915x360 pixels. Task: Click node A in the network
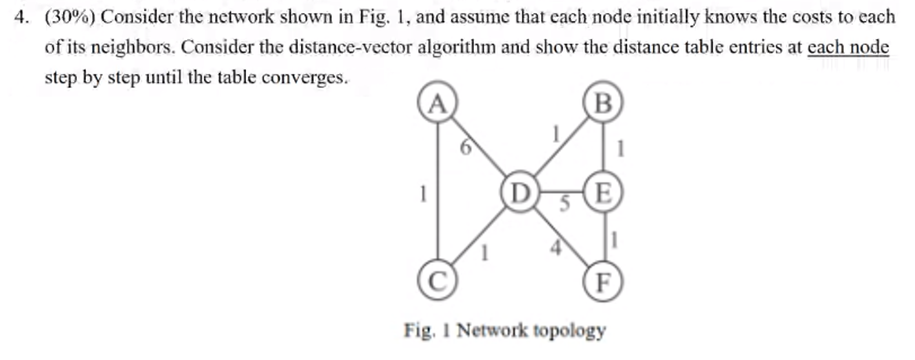[438, 104]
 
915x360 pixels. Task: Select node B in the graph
[603, 104]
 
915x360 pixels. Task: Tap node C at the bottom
[438, 282]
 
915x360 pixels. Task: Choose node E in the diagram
[603, 193]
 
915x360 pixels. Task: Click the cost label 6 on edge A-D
[465, 148]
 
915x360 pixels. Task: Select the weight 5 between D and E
[565, 204]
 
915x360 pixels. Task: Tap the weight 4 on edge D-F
[556, 248]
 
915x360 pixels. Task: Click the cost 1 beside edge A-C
[423, 193]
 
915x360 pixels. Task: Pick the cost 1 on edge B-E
[620, 149]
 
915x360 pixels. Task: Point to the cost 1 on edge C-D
[486, 252]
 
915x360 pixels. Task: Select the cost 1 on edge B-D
[556, 134]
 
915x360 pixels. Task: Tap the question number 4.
[21, 17]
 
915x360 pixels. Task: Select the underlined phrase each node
[848, 47]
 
